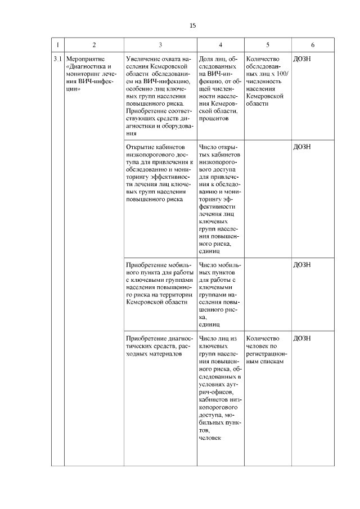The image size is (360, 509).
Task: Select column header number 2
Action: point(93,44)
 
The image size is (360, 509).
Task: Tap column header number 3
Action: point(160,44)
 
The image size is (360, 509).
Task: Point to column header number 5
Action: point(267,44)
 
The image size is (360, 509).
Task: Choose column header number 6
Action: point(312,44)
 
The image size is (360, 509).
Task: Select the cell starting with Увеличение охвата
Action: point(160,96)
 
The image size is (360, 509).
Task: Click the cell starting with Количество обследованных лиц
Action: point(267,81)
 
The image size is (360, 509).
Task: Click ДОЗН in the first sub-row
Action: point(302,58)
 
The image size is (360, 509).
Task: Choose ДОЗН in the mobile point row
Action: point(302,264)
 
